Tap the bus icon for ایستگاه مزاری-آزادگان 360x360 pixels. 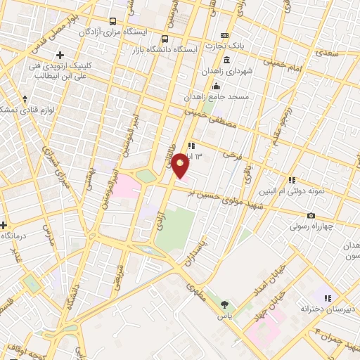click(114, 21)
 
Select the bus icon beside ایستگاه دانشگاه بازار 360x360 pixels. click(165, 39)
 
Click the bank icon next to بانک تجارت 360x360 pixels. click(224, 35)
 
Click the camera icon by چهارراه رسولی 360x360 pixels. click(311, 216)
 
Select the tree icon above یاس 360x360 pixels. click(224, 305)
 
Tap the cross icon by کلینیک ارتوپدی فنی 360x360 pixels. click(60, 55)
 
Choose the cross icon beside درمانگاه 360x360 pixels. click(4, 226)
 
